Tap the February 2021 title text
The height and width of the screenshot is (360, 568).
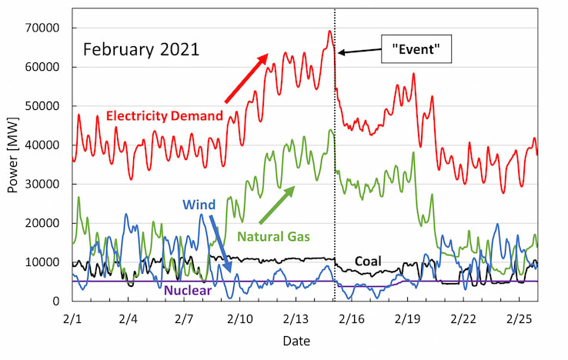coord(142,50)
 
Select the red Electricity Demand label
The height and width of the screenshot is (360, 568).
coord(165,116)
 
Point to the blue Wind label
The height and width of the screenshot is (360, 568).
coord(199,205)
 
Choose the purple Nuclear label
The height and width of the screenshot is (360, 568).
coord(188,290)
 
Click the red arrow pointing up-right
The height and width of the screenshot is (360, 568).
coord(246,78)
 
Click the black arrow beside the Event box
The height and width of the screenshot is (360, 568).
coord(359,52)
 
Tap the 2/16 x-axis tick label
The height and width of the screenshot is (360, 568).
coord(352,317)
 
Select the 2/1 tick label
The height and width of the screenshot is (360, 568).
coord(73,317)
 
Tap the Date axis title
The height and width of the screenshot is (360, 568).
coord(296,341)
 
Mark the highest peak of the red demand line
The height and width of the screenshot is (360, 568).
coord(329,31)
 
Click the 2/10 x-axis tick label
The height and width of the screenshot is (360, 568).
coord(240,317)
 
